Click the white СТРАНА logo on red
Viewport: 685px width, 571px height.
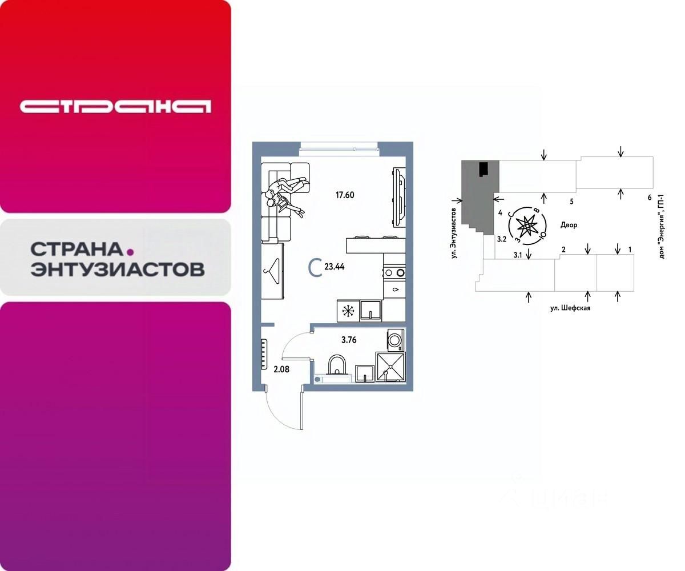115,107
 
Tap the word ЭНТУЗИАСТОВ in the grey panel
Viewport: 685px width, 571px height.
117,269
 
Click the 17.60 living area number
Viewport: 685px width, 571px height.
345,195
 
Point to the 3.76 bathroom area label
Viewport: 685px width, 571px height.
349,340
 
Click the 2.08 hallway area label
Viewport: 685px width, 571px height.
281,369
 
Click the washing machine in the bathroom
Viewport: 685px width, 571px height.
394,340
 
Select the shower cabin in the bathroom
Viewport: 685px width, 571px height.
390,367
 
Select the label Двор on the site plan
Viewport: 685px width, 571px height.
569,225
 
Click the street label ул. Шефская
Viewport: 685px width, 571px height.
570,308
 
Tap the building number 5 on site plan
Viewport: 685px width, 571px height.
571,202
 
